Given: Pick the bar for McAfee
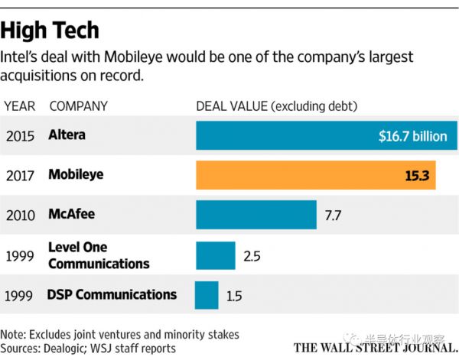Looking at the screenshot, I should (x=256, y=215).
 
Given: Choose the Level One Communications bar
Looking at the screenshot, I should (x=216, y=255).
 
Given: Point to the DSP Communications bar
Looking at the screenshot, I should (x=207, y=295).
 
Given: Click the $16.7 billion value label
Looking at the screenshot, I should (x=412, y=136).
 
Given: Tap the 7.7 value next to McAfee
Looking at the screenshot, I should (x=334, y=216).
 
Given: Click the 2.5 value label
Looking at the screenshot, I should (x=252, y=255).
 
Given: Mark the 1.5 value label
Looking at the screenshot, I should (x=235, y=295).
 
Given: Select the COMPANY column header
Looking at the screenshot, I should (x=78, y=105).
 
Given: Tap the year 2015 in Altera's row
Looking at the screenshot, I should (x=20, y=136).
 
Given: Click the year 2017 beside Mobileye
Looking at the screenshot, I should (x=20, y=176).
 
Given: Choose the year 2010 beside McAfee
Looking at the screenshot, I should (x=20, y=215).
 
